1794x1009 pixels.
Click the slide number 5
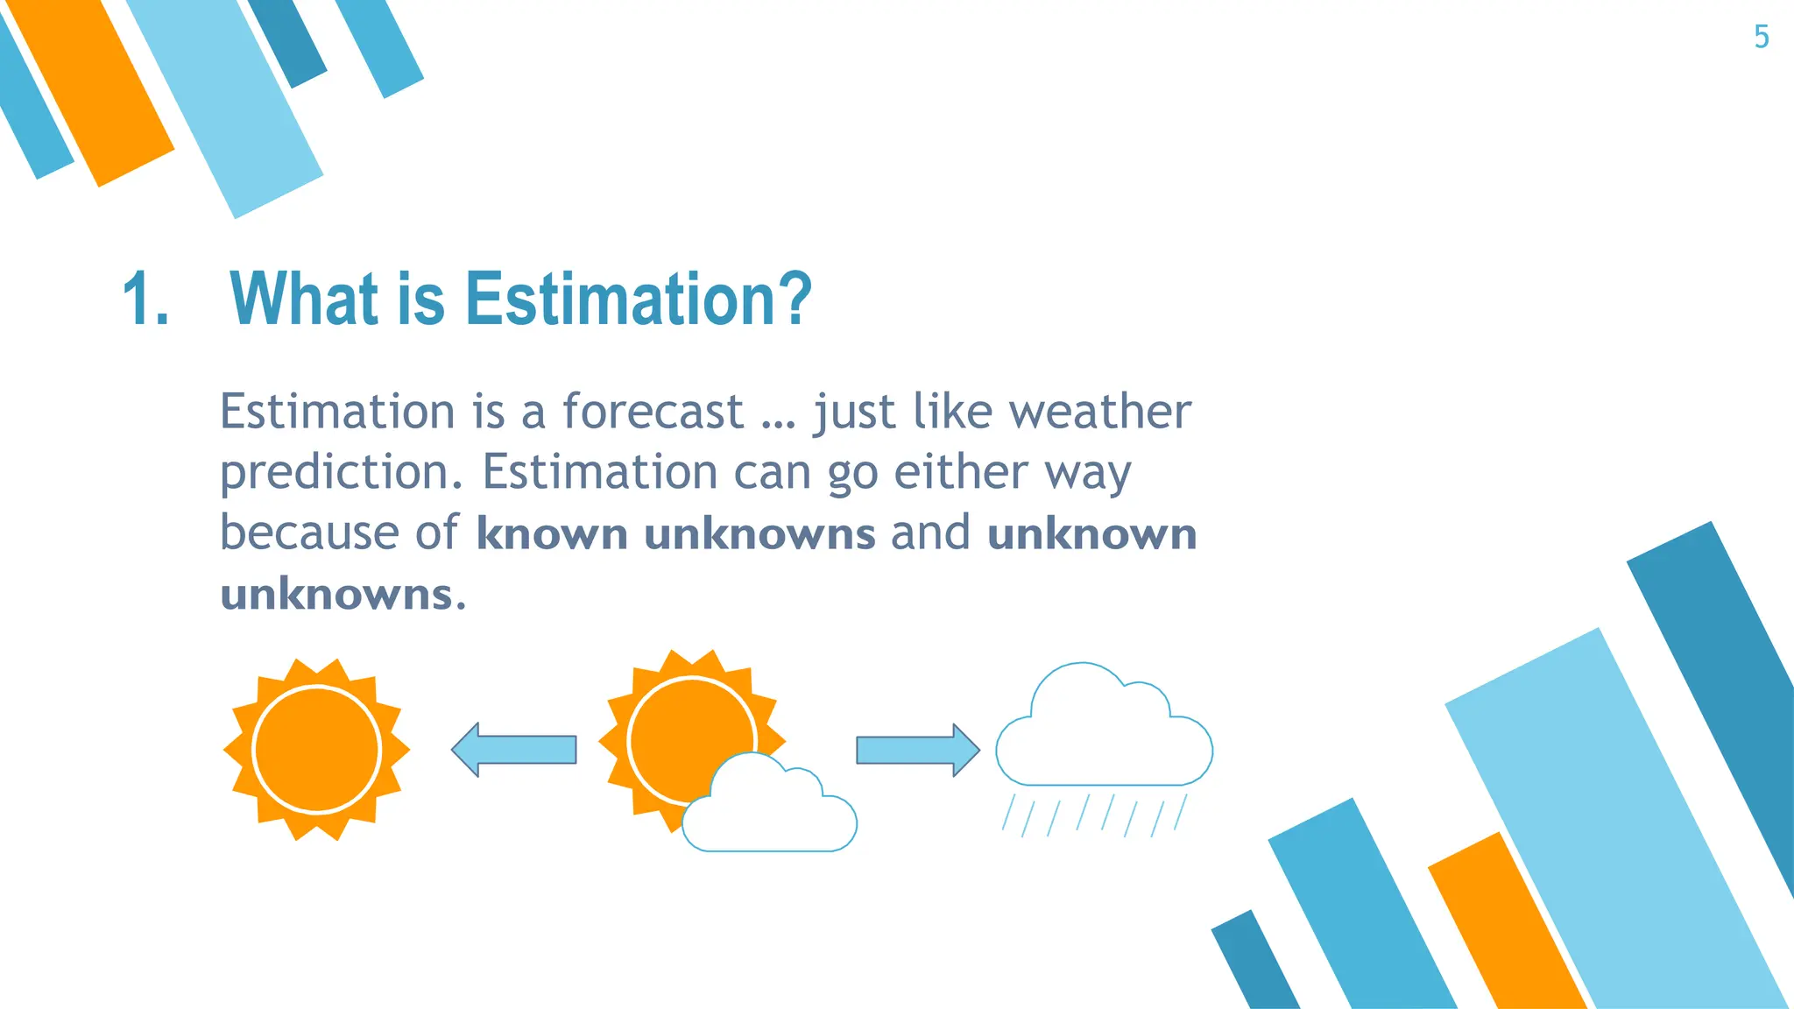[1761, 37]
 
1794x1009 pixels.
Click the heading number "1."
[145, 300]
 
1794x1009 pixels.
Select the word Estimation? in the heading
[638, 300]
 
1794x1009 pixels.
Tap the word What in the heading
[303, 300]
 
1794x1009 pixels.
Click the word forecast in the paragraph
[652, 412]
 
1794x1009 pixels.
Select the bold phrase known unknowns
[675, 534]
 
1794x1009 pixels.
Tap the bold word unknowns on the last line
[336, 595]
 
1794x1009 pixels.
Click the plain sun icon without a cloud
[316, 750]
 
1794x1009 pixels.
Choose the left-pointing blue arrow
[514, 750]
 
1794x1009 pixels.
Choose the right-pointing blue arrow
[917, 750]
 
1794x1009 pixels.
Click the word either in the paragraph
[960, 473]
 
